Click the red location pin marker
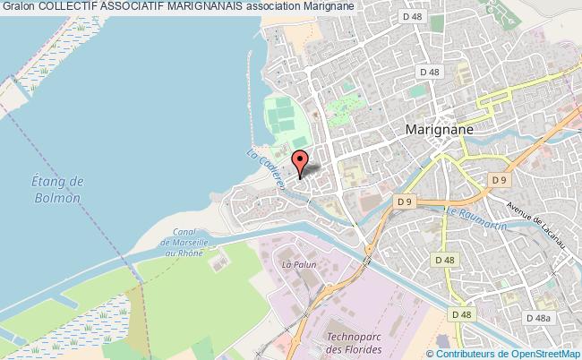[x=301, y=161]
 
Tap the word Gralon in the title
[x=18, y=6]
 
